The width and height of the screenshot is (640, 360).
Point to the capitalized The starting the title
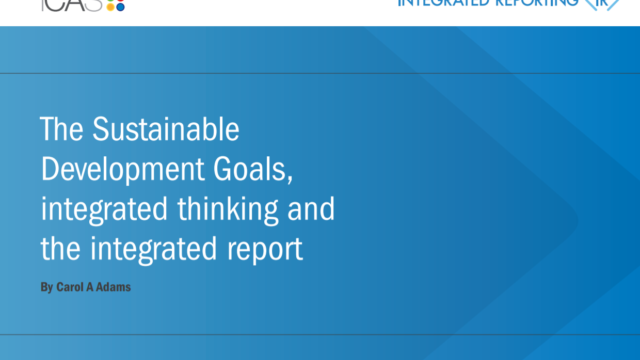tap(61, 131)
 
